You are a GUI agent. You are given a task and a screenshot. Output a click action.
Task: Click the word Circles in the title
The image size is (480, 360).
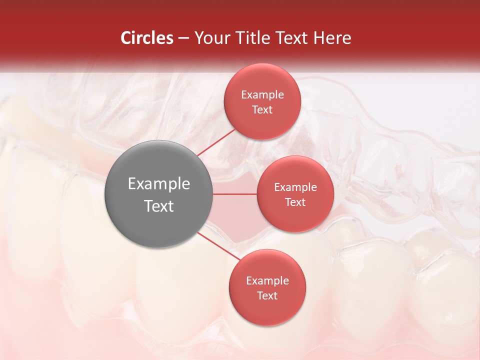pyautogui.click(x=146, y=38)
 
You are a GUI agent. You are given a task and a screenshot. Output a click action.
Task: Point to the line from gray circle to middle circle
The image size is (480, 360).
pyautogui.click(x=235, y=194)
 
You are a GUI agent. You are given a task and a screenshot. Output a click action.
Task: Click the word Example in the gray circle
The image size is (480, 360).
pyautogui.click(x=158, y=183)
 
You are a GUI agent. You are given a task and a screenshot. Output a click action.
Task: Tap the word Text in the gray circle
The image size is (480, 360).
pyautogui.click(x=158, y=205)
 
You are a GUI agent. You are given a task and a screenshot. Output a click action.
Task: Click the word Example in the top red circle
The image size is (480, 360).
pyautogui.click(x=262, y=94)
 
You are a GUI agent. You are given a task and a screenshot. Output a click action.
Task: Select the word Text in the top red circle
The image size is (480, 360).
pyautogui.click(x=262, y=109)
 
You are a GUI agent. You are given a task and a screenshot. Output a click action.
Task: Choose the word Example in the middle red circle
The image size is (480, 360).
pyautogui.click(x=295, y=187)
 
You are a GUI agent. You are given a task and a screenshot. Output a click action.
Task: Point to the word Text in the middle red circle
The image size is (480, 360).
pyautogui.click(x=295, y=202)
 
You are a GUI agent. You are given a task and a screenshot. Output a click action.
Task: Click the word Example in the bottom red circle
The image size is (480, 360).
pyautogui.click(x=267, y=280)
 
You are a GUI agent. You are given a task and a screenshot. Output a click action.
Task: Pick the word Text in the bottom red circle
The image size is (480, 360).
pyautogui.click(x=267, y=295)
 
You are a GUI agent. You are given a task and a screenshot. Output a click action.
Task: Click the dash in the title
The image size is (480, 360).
pyautogui.click(x=183, y=38)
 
